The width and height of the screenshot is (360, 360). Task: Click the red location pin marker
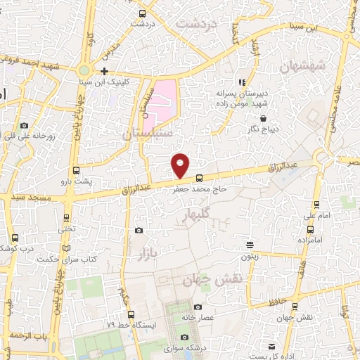click(181, 165)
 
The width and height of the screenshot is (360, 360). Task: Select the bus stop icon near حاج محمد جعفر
click(199, 178)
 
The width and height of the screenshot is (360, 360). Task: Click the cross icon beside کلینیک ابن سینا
click(105, 71)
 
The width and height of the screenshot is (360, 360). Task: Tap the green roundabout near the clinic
click(84, 70)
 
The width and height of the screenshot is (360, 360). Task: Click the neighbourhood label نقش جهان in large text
click(212, 279)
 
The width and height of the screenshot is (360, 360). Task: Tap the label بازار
click(143, 252)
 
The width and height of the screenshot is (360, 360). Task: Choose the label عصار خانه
click(197, 317)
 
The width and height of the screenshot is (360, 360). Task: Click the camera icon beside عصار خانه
click(198, 307)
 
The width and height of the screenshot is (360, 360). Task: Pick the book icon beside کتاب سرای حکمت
click(67, 248)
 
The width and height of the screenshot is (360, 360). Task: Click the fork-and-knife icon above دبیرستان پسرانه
click(242, 82)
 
